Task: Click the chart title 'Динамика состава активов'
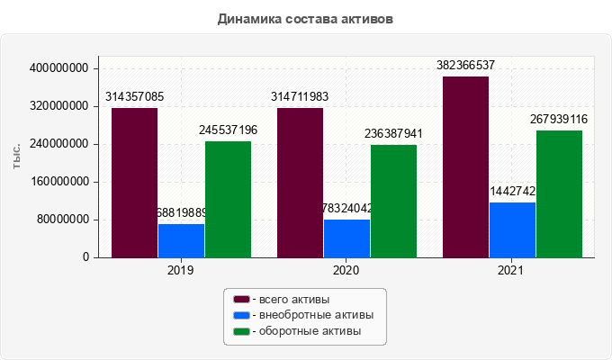click(305, 18)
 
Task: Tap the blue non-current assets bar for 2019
click(181, 240)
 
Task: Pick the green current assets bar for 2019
click(228, 199)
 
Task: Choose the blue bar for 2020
click(346, 238)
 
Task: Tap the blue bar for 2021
click(512, 229)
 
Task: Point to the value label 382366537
click(465, 66)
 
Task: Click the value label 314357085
click(135, 96)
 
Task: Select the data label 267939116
click(559, 120)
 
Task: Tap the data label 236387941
click(393, 133)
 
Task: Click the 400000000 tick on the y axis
click(59, 68)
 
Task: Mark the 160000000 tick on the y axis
click(59, 182)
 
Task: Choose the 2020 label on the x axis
click(346, 270)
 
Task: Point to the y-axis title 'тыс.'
click(17, 156)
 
